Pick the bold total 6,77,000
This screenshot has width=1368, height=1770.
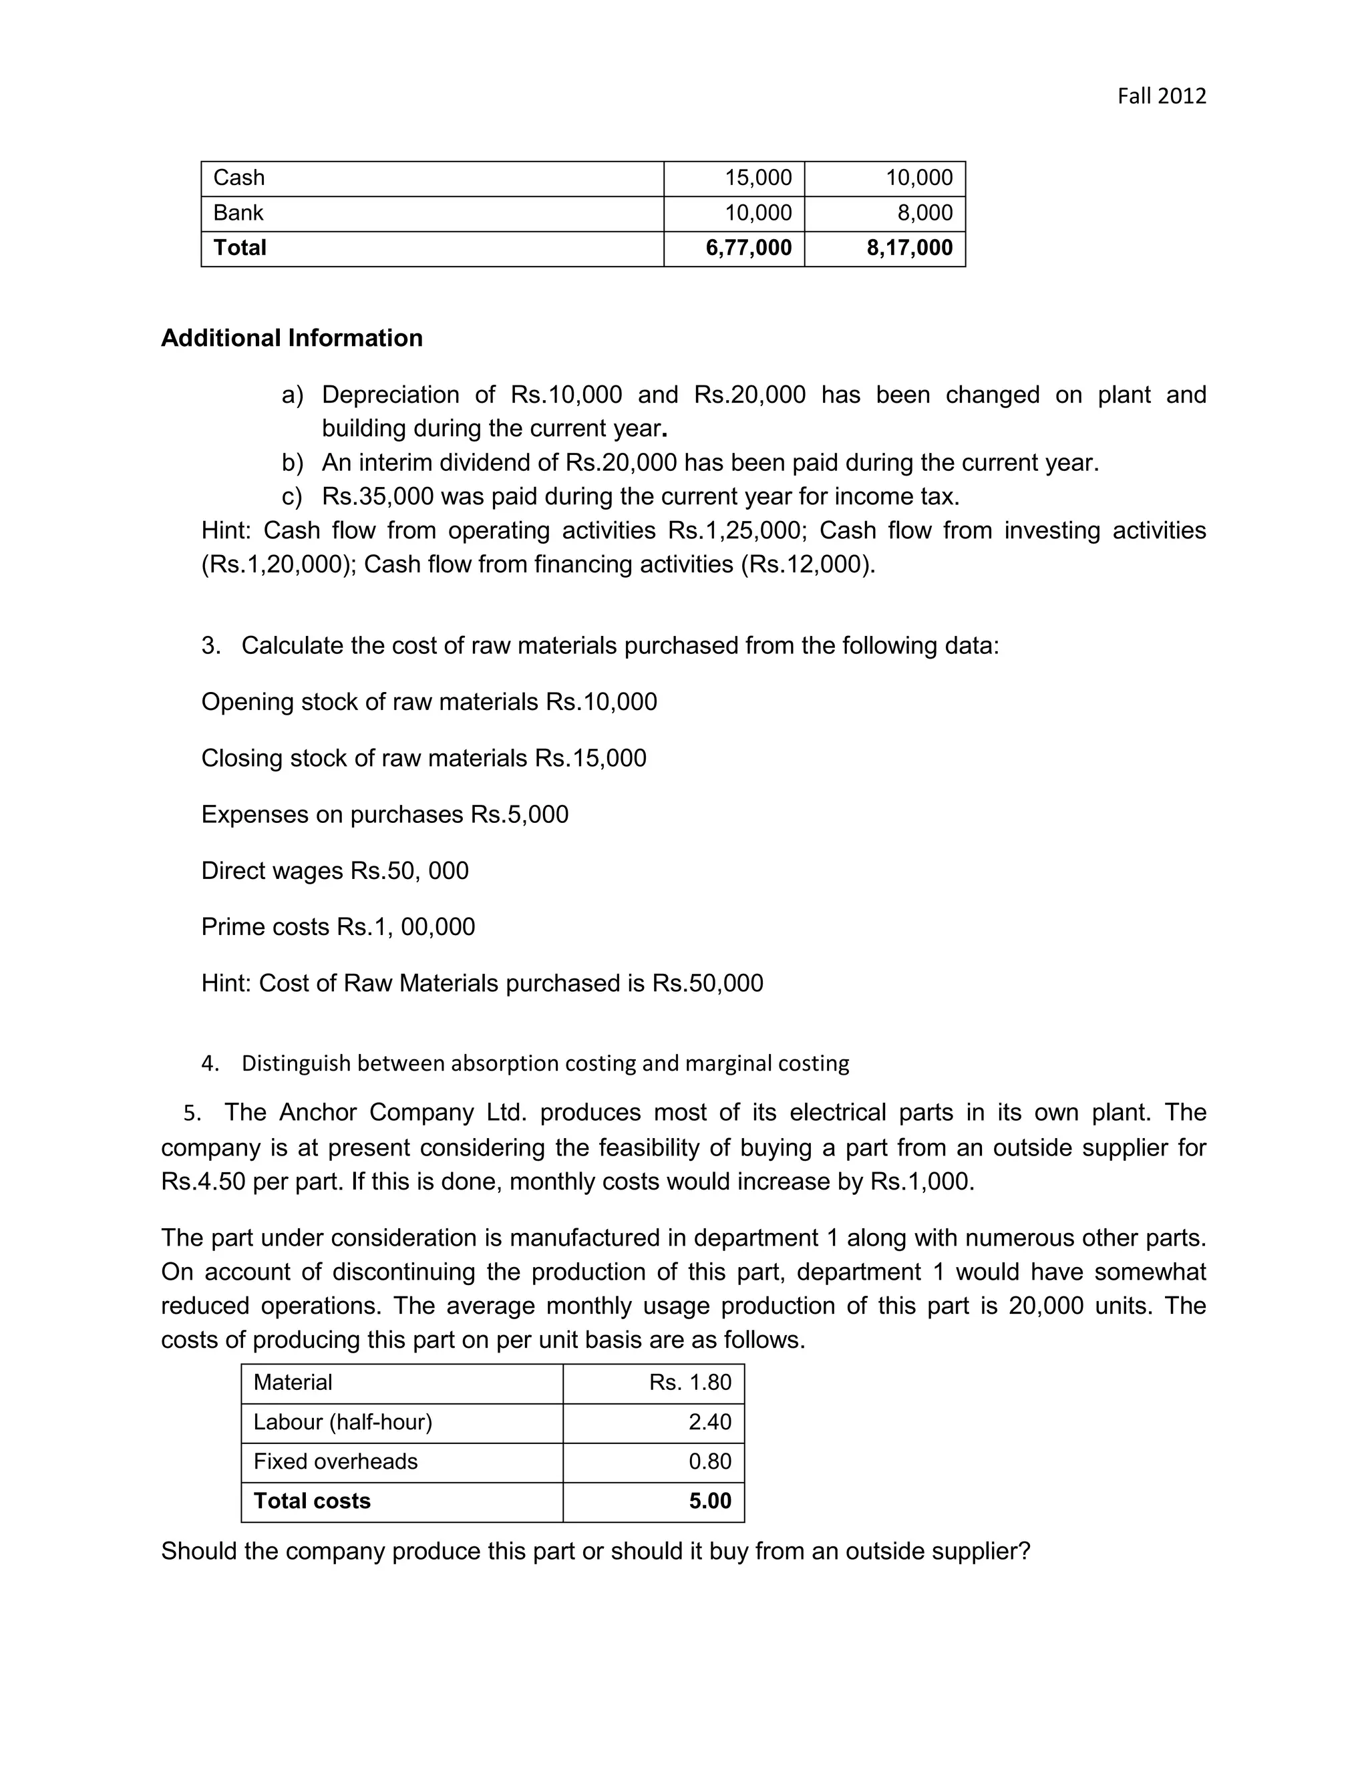pos(748,248)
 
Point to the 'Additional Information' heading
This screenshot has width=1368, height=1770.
pos(292,338)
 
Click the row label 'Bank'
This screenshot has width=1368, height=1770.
pos(238,213)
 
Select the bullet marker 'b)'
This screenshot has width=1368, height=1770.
pos(293,463)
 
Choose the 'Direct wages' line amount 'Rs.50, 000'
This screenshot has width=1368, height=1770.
pos(409,871)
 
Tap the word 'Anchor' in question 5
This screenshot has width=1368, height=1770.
pos(318,1113)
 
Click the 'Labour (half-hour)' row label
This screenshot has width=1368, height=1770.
pos(343,1422)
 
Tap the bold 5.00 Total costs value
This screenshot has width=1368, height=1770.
pos(710,1501)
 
